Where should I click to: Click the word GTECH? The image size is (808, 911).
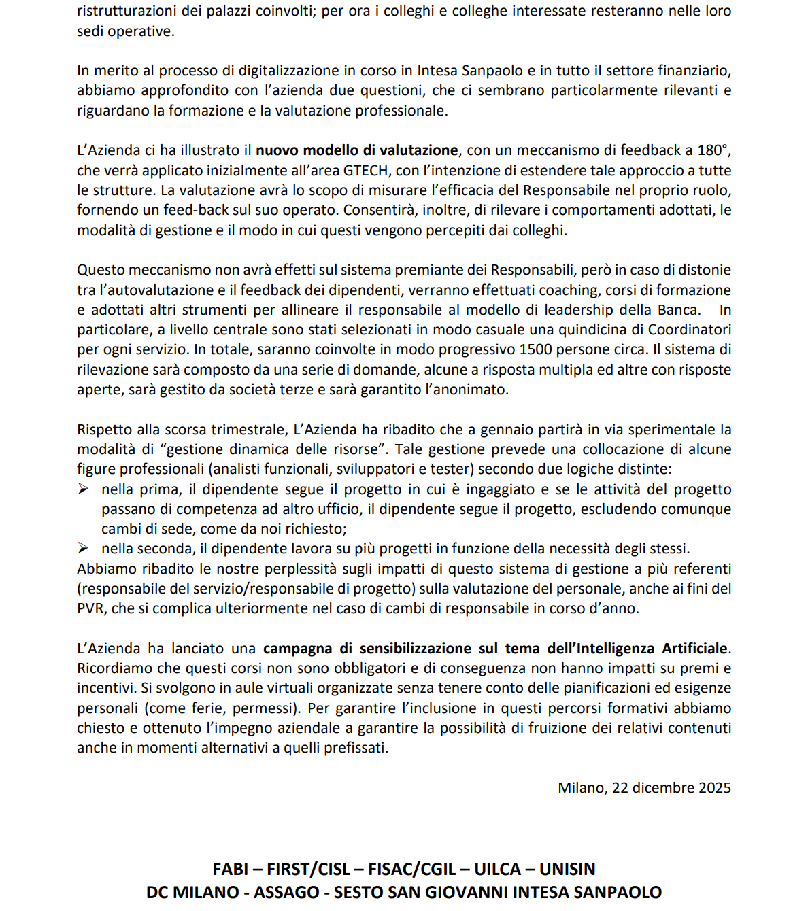click(x=365, y=170)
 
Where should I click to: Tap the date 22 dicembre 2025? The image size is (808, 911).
click(x=671, y=787)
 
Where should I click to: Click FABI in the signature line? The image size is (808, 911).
click(x=231, y=869)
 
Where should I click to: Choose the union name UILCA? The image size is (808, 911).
click(x=498, y=869)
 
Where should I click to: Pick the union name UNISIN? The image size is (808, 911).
click(x=567, y=869)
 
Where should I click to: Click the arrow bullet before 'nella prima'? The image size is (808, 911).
click(x=83, y=489)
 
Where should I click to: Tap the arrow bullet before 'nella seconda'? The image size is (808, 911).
click(x=83, y=548)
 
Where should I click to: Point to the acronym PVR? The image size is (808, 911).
click(x=91, y=608)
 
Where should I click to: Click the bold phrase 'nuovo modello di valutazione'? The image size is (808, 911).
click(x=356, y=150)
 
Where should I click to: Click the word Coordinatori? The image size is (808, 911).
click(x=690, y=330)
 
